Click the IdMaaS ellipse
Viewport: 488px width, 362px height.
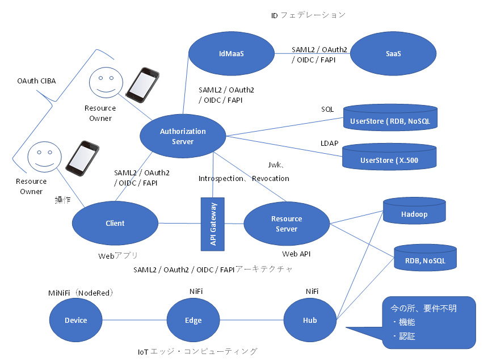click(231, 54)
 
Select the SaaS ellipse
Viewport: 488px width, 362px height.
click(393, 54)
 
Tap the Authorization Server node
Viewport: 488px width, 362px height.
click(183, 136)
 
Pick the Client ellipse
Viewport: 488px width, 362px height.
click(115, 223)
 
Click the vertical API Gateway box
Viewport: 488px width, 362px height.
click(213, 224)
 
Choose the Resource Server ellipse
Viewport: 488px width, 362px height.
click(287, 224)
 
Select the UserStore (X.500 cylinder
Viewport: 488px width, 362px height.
click(389, 158)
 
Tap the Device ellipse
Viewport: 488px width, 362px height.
click(75, 321)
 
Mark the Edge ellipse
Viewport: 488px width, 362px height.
click(193, 321)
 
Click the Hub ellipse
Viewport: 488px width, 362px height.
click(310, 321)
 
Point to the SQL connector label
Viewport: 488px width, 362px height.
click(327, 109)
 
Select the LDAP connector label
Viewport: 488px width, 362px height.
click(329, 144)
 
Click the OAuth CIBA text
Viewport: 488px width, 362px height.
click(36, 81)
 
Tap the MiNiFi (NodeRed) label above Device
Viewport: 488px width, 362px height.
click(81, 293)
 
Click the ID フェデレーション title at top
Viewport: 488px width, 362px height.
click(308, 15)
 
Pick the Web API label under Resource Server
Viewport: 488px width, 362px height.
click(296, 254)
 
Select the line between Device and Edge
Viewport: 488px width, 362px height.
click(134, 321)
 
